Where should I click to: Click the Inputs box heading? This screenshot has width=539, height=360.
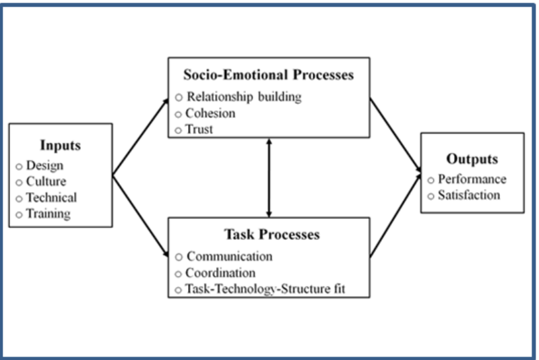point(60,144)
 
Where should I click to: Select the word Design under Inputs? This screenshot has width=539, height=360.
point(45,165)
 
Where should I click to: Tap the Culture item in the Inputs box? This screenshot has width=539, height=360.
point(46,181)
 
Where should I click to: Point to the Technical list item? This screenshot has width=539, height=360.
point(51,198)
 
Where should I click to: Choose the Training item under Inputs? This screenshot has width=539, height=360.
point(48,214)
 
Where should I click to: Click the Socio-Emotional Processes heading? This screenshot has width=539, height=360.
point(268,75)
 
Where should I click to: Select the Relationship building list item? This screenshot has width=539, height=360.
point(244,96)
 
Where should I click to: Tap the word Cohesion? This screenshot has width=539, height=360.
point(210,113)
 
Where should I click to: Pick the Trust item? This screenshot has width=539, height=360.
point(199,129)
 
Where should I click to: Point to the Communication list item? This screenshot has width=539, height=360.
point(230,256)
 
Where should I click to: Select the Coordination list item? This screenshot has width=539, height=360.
point(221,273)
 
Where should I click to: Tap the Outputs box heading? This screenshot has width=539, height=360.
point(472,159)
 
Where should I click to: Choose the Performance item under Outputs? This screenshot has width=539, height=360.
point(472,179)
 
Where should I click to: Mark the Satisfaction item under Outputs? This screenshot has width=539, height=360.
point(469,195)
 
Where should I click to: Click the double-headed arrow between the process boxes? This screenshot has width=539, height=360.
point(269,177)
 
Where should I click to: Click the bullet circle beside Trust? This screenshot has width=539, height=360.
point(179,129)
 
